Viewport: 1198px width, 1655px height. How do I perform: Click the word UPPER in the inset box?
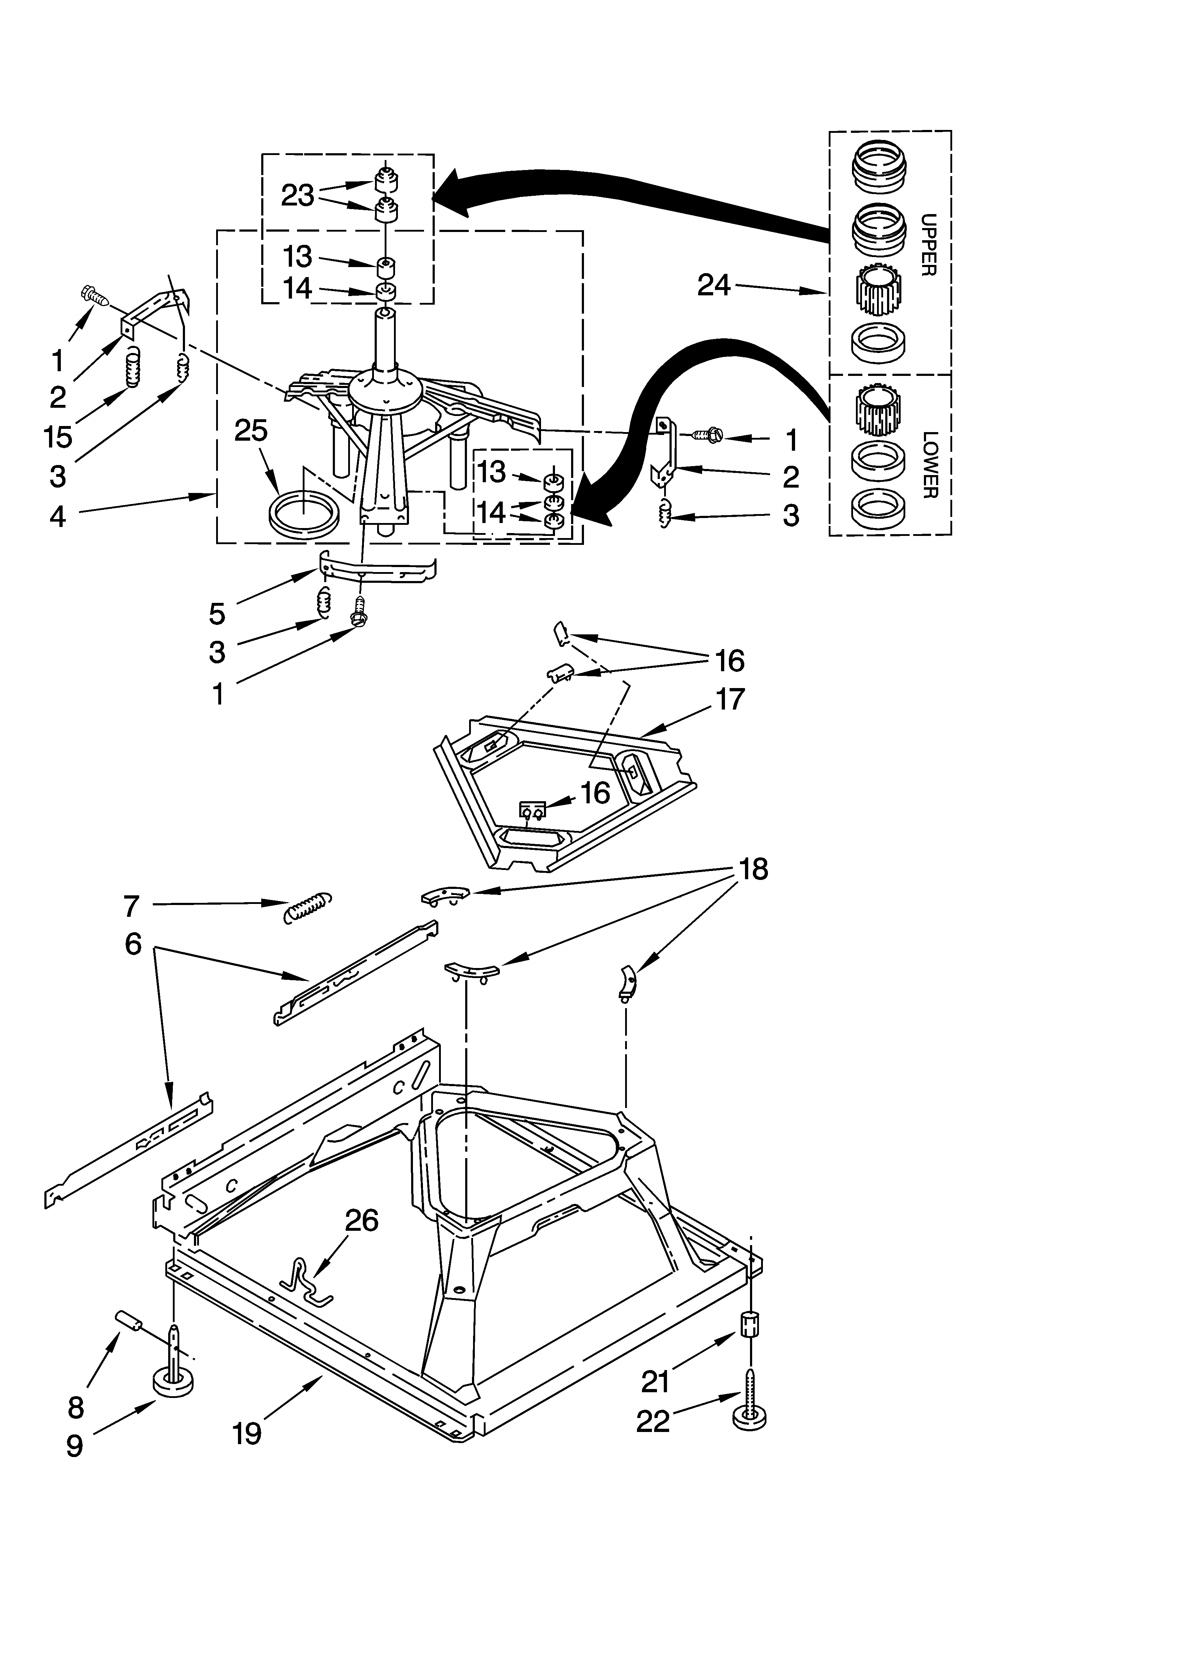928,245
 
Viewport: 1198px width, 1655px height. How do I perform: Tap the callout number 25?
250,431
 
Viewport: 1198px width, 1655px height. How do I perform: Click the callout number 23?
298,195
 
